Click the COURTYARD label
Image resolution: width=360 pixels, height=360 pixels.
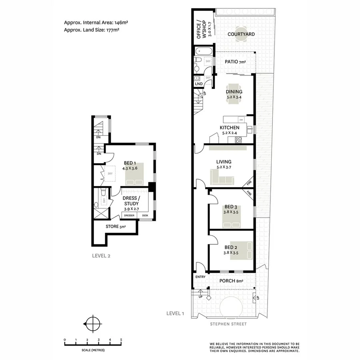tap(241, 34)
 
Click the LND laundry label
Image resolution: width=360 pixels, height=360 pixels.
tap(199, 84)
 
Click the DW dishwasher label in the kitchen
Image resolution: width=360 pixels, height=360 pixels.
tap(241, 120)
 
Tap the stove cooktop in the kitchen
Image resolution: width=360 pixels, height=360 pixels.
tap(239, 140)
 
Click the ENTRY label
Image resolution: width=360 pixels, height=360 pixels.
tap(200, 277)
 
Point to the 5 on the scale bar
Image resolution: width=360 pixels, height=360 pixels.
tap(121, 340)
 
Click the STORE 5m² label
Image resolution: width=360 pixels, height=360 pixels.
tap(116, 227)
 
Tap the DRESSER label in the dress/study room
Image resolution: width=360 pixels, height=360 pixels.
tap(129, 216)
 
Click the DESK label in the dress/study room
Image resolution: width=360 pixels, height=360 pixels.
tap(145, 216)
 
